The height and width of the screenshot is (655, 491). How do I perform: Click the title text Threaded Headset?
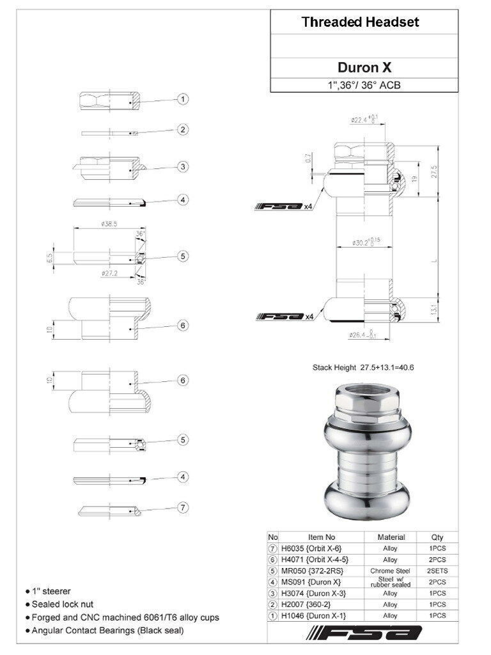(x=360, y=22)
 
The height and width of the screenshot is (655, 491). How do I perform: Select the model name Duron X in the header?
(x=364, y=67)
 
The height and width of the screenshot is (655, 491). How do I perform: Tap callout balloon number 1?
(x=183, y=99)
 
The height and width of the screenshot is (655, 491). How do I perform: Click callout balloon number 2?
(x=183, y=130)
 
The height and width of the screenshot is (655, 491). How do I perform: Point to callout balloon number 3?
(x=183, y=166)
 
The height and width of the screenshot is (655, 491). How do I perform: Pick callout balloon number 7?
(x=183, y=507)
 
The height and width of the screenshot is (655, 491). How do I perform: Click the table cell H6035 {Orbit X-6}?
(x=311, y=548)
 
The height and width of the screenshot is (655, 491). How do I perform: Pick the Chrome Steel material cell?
(x=390, y=571)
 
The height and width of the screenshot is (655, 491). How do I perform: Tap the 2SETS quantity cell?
(x=437, y=571)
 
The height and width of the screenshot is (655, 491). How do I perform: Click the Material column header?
(x=391, y=537)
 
